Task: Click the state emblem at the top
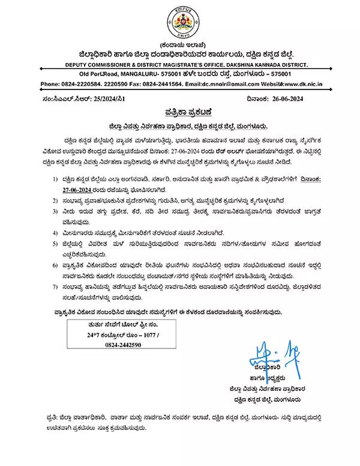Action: click(x=179, y=22)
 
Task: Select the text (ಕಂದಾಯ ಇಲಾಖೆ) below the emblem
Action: click(x=179, y=44)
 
